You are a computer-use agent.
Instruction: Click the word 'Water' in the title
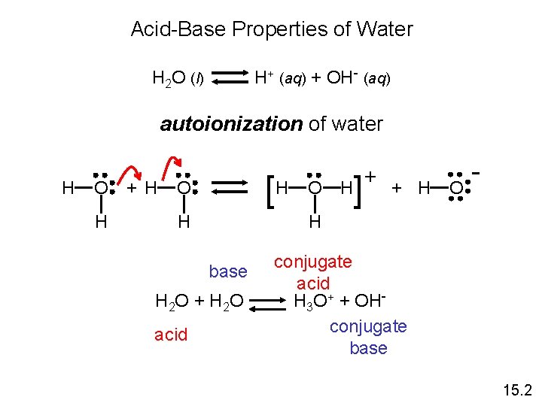pyautogui.click(x=385, y=29)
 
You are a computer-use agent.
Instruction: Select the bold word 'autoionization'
pyautogui.click(x=231, y=124)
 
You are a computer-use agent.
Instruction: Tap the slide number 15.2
pyautogui.click(x=517, y=390)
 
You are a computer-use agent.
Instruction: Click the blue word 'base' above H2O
pyautogui.click(x=228, y=271)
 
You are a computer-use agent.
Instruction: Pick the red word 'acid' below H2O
pyautogui.click(x=171, y=335)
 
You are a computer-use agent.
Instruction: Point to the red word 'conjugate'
pyautogui.click(x=313, y=262)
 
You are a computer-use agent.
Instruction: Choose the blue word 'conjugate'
pyautogui.click(x=368, y=327)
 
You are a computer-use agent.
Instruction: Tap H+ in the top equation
pyautogui.click(x=264, y=77)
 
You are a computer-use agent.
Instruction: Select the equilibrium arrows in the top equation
pyautogui.click(x=230, y=77)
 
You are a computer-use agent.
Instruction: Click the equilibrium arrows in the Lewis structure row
pyautogui.click(x=230, y=187)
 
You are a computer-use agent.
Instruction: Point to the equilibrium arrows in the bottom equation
pyautogui.click(x=267, y=304)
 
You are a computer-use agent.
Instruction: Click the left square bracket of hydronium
pyautogui.click(x=271, y=192)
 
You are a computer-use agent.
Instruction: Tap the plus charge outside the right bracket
pyautogui.click(x=370, y=177)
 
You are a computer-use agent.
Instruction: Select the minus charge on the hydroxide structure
pyautogui.click(x=476, y=173)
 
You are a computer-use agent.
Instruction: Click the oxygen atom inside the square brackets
pyautogui.click(x=315, y=188)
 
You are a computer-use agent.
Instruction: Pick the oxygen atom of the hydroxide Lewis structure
pyautogui.click(x=456, y=189)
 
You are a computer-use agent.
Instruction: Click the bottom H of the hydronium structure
pyautogui.click(x=315, y=221)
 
